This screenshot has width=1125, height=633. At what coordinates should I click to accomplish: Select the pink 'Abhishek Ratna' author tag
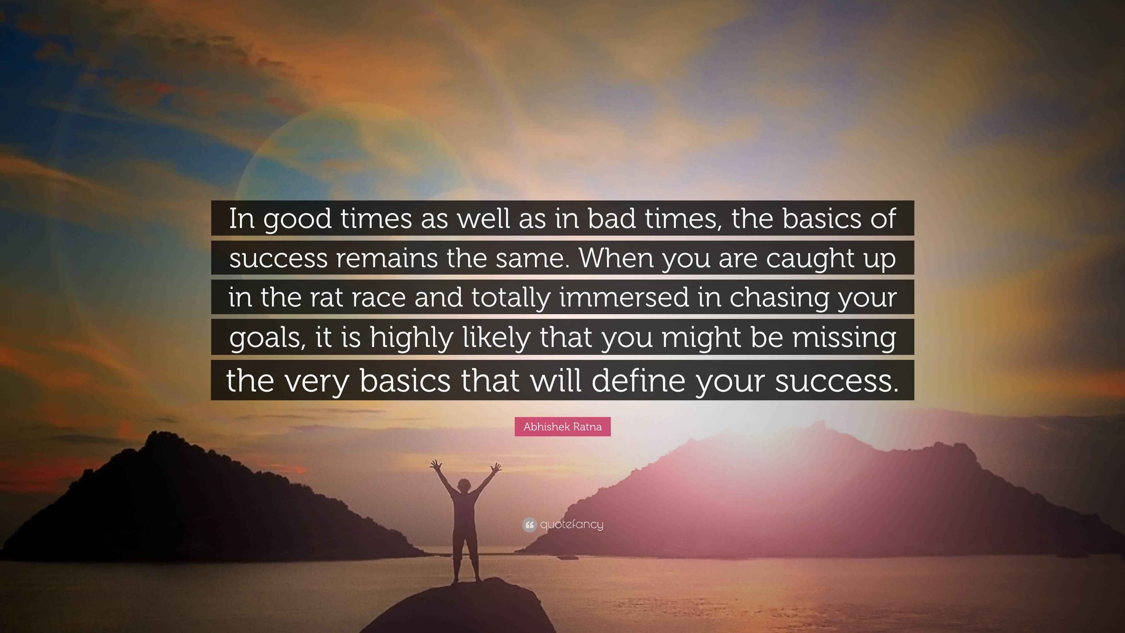562,427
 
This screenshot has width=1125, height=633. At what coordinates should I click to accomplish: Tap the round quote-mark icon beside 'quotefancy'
529,525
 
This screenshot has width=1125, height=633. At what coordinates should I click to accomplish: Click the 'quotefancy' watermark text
572,524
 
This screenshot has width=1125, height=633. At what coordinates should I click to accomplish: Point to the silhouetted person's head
463,485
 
